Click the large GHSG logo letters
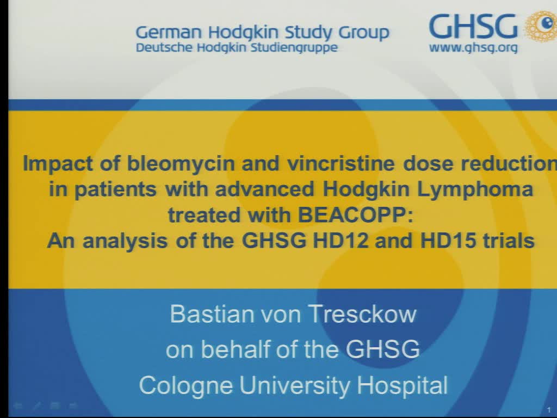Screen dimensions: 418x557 pos(473,26)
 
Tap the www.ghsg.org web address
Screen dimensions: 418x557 pos(473,48)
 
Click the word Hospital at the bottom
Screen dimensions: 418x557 pos(403,385)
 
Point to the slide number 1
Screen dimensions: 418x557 pos(549,410)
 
